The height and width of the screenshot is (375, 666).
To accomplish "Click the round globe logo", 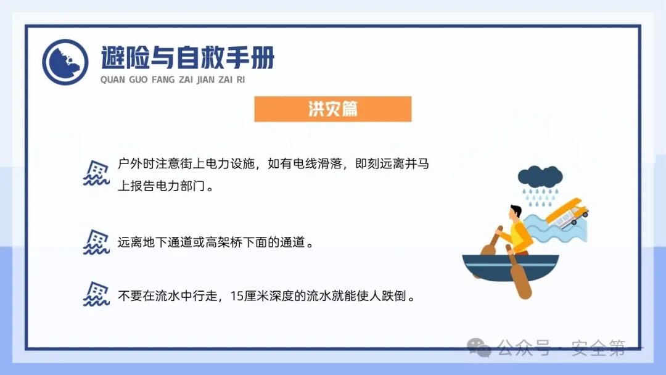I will (65, 62).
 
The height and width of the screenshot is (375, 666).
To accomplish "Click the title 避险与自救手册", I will (187, 58).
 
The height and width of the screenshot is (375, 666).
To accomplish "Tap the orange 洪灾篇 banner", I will (332, 109).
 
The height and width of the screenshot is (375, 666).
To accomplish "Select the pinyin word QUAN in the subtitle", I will (112, 80).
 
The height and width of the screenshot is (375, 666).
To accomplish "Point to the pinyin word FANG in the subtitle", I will (163, 80).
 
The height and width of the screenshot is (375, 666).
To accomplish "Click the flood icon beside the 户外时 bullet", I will (96, 173).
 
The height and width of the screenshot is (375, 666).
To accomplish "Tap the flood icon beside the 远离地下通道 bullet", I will (96, 242).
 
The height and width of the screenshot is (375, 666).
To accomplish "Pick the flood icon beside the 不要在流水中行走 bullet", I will (96, 295).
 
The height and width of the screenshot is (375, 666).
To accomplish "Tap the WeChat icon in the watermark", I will (479, 348).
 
